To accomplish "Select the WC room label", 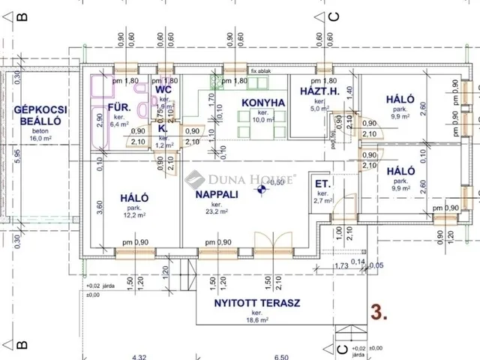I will point(163,90).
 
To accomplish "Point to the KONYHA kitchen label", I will point(263,103).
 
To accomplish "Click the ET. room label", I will point(323,184).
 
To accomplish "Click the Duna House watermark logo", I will point(240,179).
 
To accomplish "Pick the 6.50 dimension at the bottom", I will point(281,356).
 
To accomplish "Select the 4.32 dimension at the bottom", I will point(139,356).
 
